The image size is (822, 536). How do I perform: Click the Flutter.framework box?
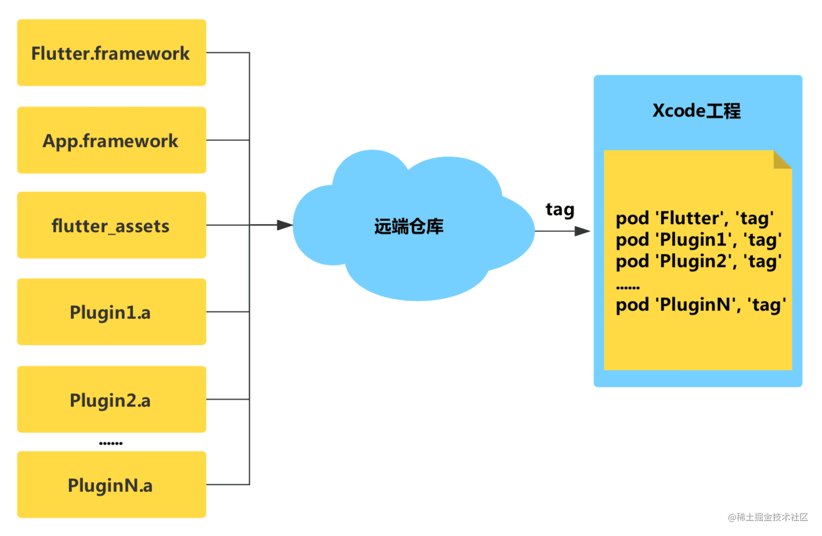point(112,52)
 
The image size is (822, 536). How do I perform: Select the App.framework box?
point(112,140)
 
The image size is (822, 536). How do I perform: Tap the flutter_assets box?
point(112,225)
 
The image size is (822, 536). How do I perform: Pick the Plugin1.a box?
point(112,311)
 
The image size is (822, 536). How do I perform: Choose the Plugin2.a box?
point(112,399)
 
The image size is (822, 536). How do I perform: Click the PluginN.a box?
point(112,484)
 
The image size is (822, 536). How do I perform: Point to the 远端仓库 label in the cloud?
point(409,226)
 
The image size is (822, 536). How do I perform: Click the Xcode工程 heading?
point(696,110)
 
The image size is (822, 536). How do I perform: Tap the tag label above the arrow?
point(560,210)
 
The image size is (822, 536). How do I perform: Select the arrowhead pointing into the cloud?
point(285,225)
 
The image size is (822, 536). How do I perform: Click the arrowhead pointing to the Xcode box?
point(582,231)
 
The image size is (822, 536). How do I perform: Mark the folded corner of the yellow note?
point(782,159)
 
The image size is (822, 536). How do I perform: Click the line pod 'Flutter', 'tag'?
point(695,218)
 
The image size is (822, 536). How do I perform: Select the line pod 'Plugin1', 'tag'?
point(699,240)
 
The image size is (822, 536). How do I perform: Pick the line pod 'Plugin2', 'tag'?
point(699,262)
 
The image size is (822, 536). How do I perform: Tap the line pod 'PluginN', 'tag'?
point(701,305)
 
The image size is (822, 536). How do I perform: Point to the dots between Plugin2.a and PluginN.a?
point(111,443)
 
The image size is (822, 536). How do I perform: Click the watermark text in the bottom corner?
point(768,517)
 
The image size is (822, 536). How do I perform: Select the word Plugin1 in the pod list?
point(693,240)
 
